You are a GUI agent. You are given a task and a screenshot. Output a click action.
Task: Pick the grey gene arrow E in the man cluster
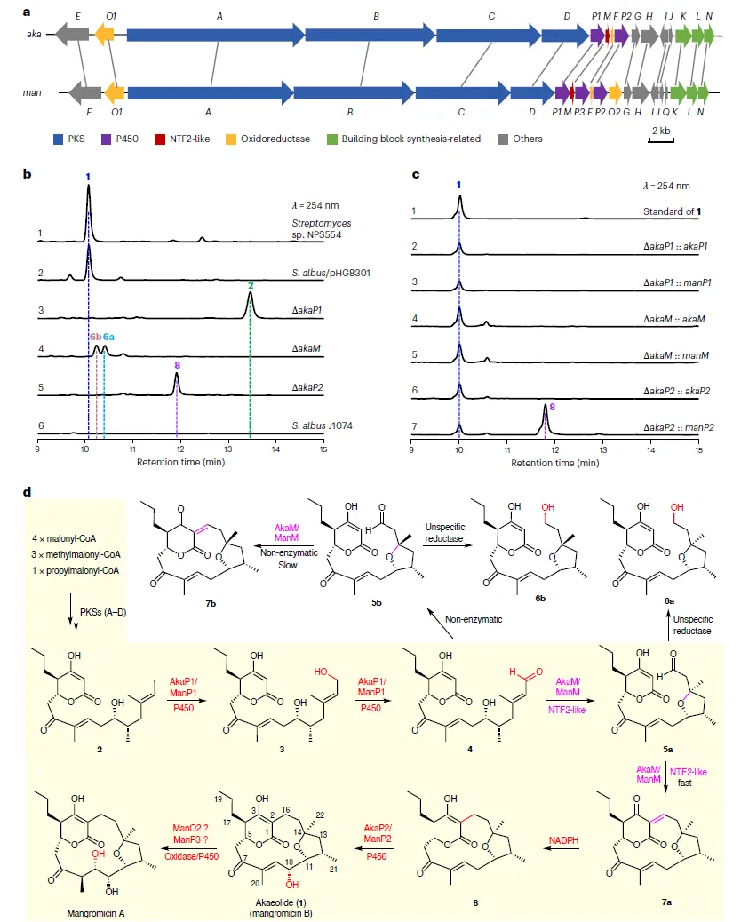[84, 92]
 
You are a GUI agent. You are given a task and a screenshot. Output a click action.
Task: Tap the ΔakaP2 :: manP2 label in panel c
[658, 428]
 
